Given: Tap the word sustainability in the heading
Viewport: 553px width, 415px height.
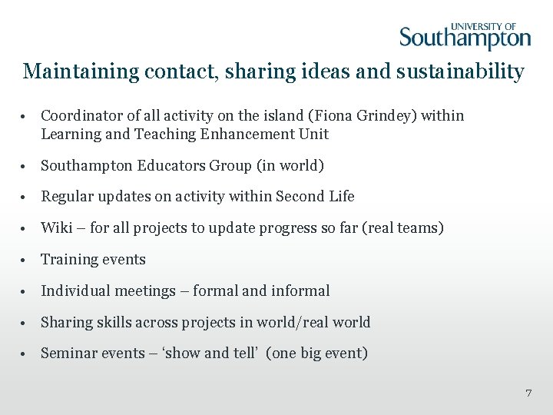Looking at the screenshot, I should click(471, 72).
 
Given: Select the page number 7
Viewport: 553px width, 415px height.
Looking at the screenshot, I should click(528, 393).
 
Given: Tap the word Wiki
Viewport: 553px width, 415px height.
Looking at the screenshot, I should click(55, 228).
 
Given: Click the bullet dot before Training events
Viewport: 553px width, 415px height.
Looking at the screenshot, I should click(26, 261).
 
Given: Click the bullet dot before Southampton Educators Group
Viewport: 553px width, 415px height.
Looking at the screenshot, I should click(26, 167).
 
